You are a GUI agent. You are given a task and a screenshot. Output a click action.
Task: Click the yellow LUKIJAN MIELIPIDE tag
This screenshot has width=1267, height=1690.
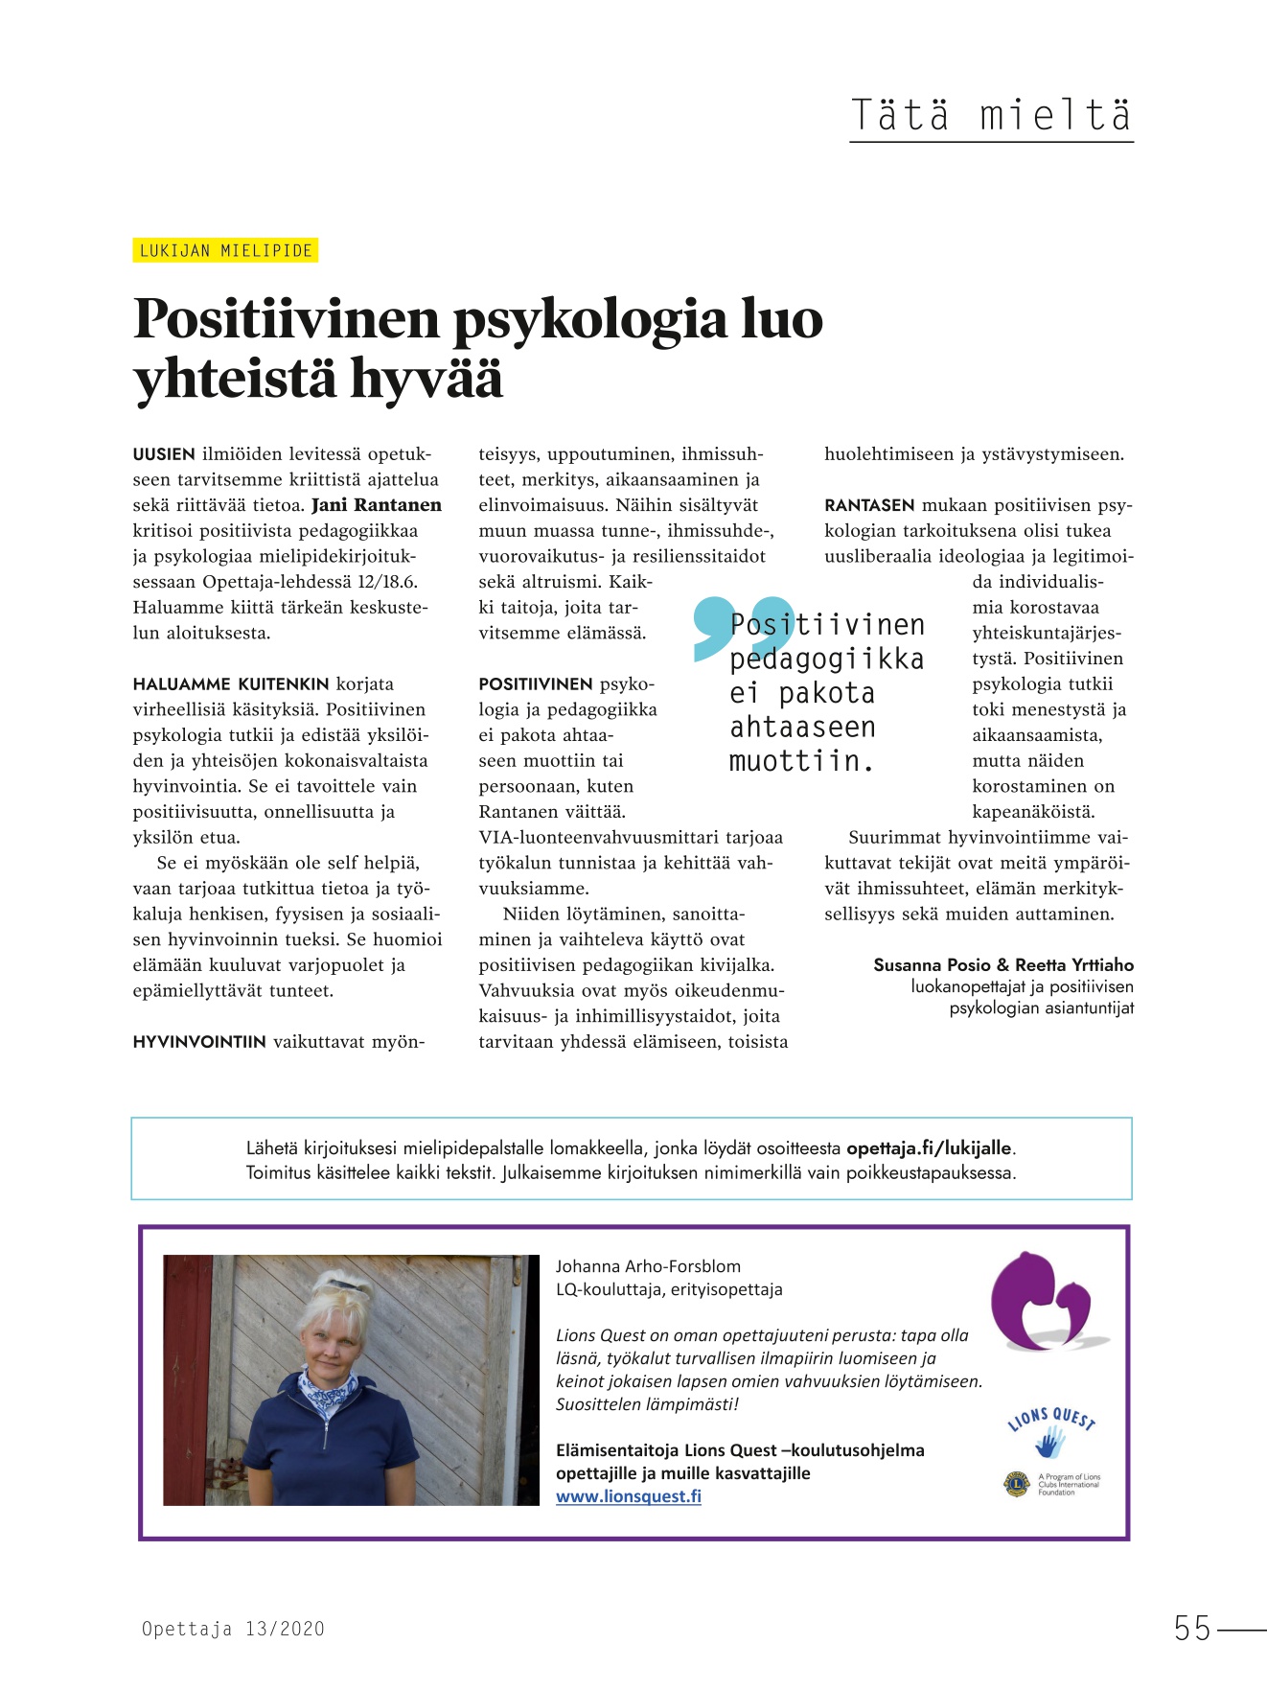coord(225,251)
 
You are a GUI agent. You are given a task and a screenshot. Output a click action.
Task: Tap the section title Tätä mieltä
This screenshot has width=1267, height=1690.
coord(991,116)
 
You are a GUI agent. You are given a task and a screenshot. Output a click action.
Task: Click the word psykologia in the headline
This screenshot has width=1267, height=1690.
coord(588,320)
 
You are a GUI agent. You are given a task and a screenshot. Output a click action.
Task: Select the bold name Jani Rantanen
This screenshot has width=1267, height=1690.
coord(377,505)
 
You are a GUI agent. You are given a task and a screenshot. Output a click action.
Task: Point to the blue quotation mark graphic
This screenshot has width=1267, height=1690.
coord(728,628)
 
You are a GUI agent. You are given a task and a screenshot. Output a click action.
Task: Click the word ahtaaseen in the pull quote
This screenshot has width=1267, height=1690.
coord(802,728)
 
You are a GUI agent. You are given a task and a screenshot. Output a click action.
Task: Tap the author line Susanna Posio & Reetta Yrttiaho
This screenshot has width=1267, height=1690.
coord(1002,965)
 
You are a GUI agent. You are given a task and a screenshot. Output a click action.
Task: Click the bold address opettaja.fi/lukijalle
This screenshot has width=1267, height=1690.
coord(929,1148)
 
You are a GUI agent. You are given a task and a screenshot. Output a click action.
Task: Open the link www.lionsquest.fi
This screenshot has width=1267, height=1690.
coord(629,1496)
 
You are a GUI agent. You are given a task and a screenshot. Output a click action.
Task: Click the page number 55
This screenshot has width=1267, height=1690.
coord(1192,1629)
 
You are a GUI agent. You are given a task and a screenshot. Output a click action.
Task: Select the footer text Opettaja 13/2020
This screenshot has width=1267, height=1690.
coord(233,1629)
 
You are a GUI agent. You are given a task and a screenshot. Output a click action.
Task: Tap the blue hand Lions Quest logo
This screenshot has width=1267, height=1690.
coord(1051,1438)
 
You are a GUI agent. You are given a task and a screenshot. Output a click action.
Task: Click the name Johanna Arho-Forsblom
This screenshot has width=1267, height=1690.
coord(648,1266)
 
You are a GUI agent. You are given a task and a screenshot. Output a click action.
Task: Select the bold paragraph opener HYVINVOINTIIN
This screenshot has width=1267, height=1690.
coord(199,1042)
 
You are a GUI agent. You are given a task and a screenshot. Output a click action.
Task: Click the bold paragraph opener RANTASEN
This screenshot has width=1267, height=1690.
coord(869,505)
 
